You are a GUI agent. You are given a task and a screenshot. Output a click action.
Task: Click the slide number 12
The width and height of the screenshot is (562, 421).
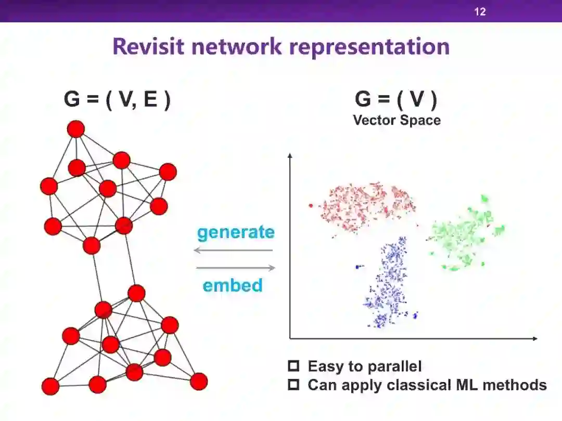pos(480,11)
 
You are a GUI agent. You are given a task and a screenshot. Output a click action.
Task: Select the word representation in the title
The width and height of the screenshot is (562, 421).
pos(369,46)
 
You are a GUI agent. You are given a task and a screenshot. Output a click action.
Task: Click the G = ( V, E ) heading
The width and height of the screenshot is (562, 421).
pos(117,99)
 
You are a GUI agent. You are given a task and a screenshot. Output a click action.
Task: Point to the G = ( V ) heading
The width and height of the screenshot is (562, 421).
pos(396,99)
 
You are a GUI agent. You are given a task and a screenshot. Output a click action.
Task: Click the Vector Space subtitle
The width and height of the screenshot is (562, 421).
pos(397,120)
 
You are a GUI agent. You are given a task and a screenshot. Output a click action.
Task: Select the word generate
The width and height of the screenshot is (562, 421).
pos(236,232)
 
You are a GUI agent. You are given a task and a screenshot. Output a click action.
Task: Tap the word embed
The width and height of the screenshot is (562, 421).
pos(233,285)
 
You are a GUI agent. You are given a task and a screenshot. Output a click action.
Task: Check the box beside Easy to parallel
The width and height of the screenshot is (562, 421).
pos(295,366)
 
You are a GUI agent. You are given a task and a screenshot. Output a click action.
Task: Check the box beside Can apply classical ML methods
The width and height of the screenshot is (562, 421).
pos(295,385)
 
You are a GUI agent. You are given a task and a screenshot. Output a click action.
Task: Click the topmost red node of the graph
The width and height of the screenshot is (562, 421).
pos(76,129)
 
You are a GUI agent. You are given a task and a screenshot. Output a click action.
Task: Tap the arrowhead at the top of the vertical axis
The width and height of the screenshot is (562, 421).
pos(290,154)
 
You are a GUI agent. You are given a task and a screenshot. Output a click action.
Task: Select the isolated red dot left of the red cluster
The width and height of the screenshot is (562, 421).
pos(311,205)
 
